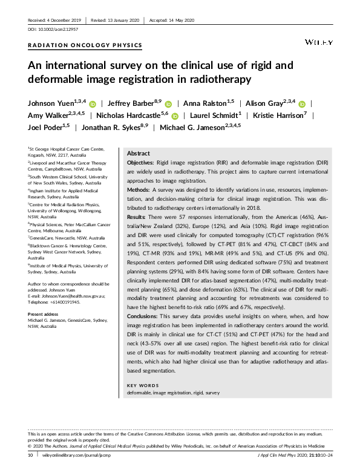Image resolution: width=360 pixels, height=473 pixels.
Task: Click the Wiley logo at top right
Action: click(318, 44)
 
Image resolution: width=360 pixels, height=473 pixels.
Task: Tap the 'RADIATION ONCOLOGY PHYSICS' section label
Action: click(85, 45)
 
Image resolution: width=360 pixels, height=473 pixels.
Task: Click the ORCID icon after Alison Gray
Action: click(302, 104)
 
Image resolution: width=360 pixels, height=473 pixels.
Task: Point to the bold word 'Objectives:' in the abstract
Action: click(140, 164)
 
